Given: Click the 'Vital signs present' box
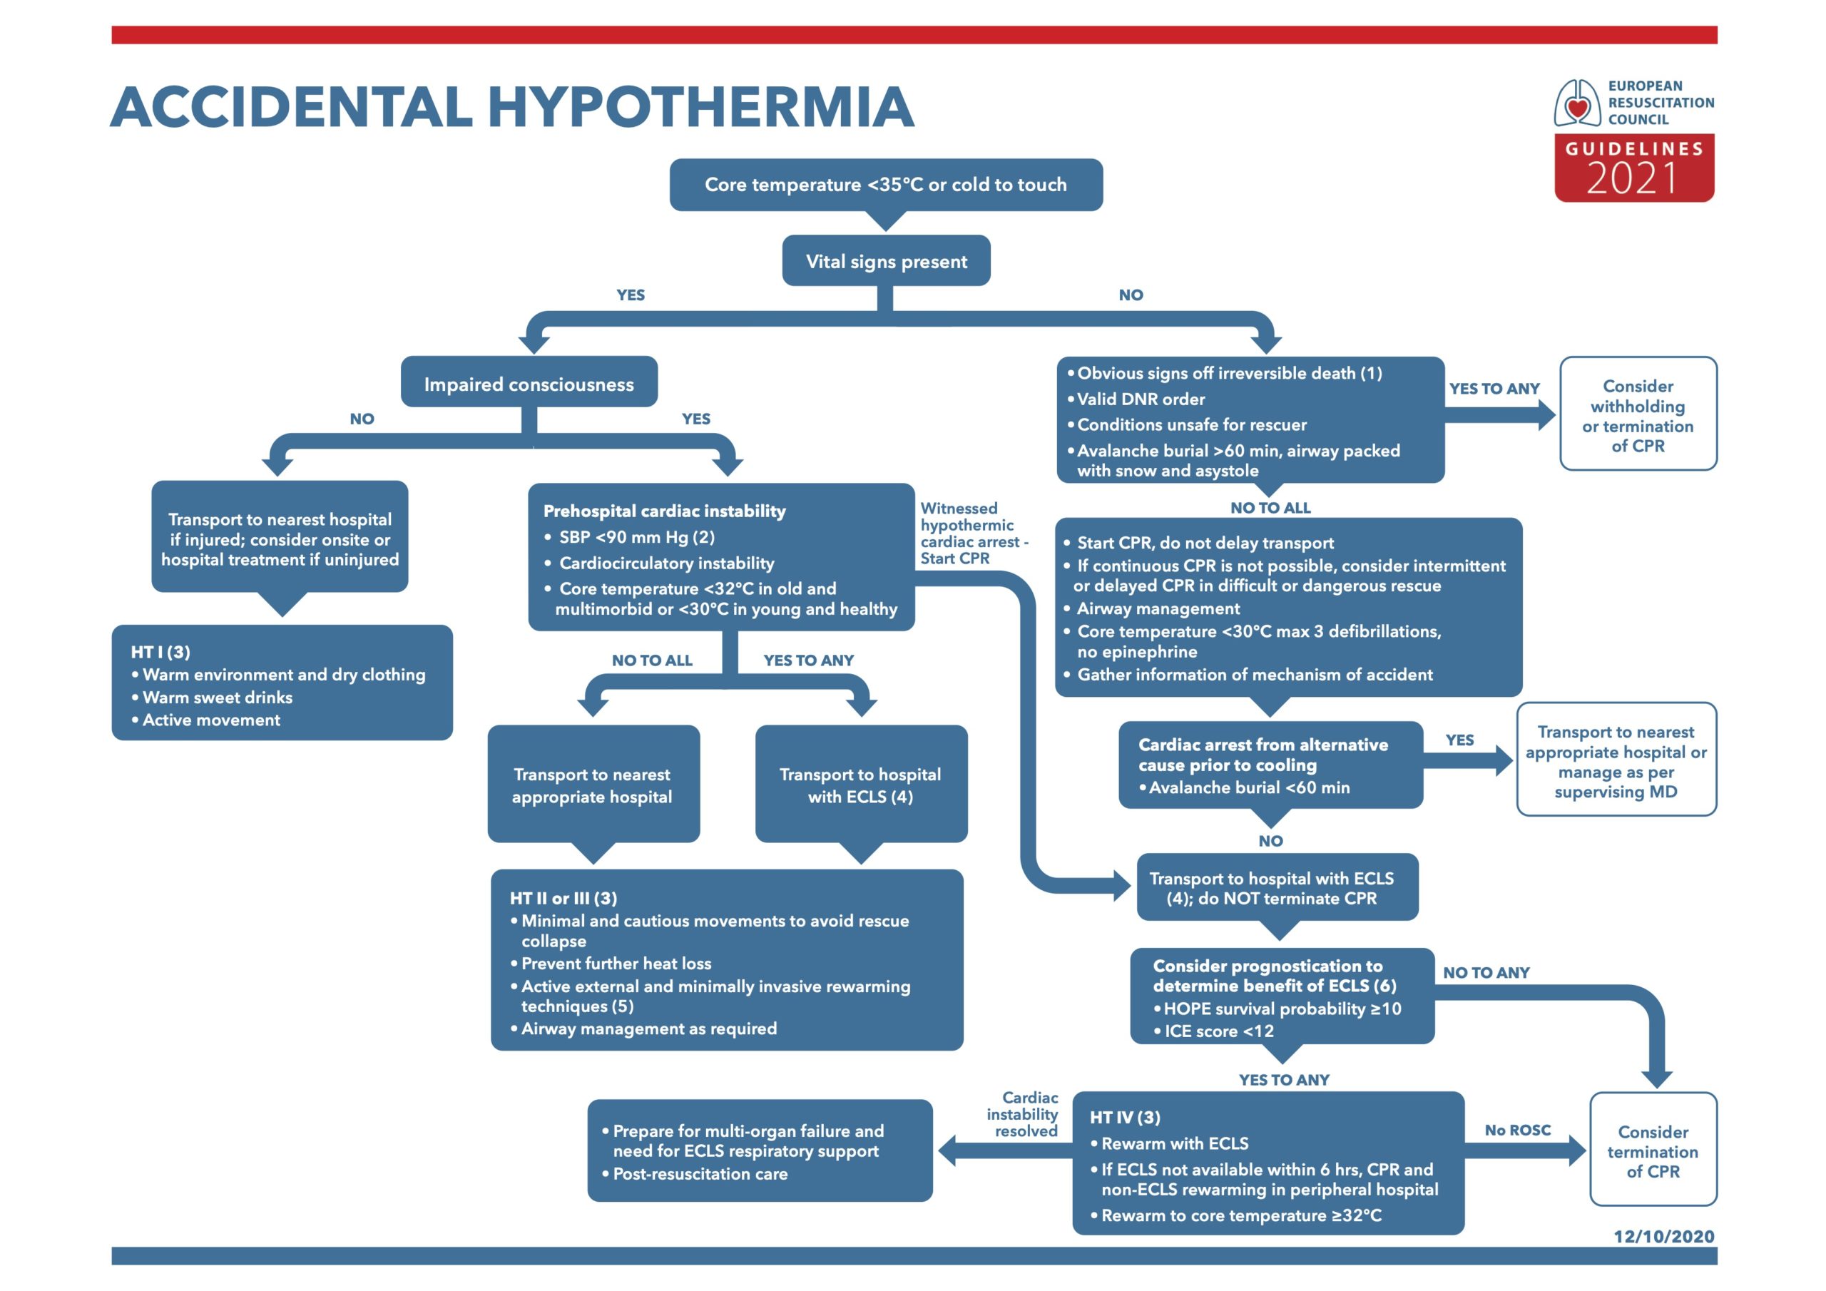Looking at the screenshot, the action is pos(886,261).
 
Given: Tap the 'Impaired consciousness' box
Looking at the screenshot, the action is pos(529,382).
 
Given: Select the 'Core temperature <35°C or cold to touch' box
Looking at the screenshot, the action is pos(886,185).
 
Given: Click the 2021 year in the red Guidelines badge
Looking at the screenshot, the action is pos(1632,178).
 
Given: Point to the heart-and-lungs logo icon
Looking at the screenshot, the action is pos(1578,103).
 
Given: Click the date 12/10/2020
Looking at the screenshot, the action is pos(1664,1236).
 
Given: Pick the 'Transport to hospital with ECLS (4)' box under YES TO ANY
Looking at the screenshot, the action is pos(862,785).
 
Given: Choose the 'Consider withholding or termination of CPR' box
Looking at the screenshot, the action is pos(1638,414).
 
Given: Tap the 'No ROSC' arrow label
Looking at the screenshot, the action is pos(1517,1130).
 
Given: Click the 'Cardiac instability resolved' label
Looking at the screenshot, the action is pos(1023,1113).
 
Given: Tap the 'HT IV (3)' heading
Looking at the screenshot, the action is pos(1125,1118).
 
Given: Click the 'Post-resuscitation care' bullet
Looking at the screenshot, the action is pos(694,1174).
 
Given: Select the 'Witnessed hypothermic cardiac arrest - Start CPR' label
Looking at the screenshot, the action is pos(974,533).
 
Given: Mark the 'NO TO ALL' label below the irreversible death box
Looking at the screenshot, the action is pos(1270,508).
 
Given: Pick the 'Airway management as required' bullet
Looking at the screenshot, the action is pos(643,1029).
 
